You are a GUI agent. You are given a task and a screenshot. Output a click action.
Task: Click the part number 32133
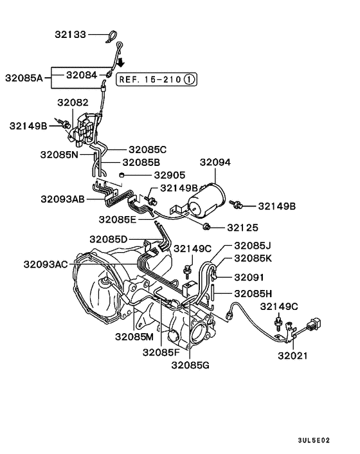tap(70, 35)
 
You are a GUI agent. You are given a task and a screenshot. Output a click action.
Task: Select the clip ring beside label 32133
tap(111, 37)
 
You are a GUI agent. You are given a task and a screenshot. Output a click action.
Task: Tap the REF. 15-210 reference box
tap(156, 79)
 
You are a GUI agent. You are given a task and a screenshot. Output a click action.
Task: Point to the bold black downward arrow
tap(121, 62)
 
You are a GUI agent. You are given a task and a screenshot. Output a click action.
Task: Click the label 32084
tap(82, 75)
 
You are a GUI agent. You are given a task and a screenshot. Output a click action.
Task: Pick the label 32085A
tap(24, 78)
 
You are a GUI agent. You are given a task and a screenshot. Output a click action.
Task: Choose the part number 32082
tap(73, 102)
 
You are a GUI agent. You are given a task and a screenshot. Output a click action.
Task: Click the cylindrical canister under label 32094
tap(206, 201)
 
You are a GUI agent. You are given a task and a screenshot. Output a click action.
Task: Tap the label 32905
tap(170, 175)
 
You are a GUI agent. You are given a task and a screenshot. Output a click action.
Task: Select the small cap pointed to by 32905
tap(122, 175)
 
